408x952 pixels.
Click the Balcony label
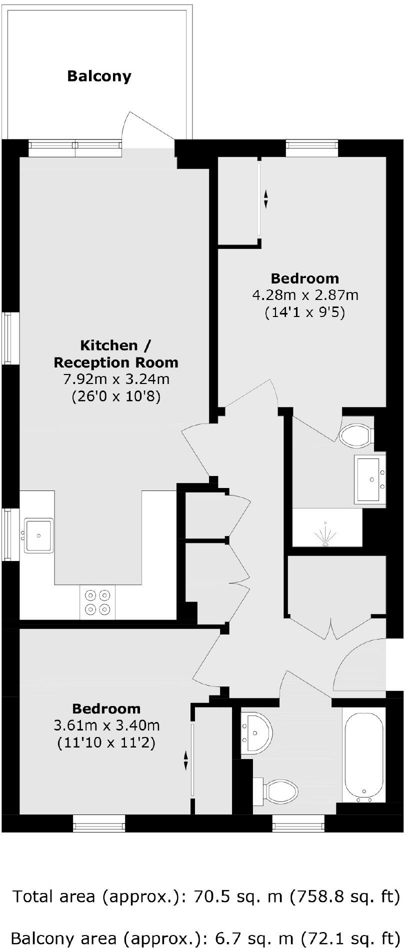[99, 76]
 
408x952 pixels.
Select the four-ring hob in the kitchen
[97, 602]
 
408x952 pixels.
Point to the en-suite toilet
[356, 434]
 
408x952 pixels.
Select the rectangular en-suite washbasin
[370, 479]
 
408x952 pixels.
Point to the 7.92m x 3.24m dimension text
[116, 379]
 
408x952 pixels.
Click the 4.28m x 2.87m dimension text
[305, 295]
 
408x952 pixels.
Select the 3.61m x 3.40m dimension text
[106, 725]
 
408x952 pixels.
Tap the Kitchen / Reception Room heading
[115, 353]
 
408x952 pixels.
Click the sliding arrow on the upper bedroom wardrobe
[266, 198]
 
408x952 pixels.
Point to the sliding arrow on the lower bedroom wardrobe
[186, 760]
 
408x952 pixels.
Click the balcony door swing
[147, 127]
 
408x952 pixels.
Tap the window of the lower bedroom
[98, 823]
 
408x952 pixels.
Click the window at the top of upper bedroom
[312, 145]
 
